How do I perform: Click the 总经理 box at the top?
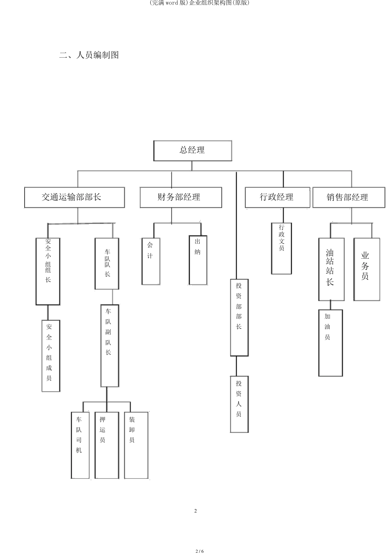(x=193, y=151)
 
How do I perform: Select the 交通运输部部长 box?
(x=74, y=197)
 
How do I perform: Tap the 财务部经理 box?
(x=181, y=197)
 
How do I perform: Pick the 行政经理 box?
(x=277, y=197)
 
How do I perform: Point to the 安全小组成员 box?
(x=51, y=355)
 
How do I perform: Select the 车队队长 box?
(x=107, y=264)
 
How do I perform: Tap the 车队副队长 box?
(x=109, y=345)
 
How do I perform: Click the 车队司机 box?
(x=80, y=445)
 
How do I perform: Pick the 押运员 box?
(x=107, y=445)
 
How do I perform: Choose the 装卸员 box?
(x=136, y=445)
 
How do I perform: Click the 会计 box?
(x=151, y=261)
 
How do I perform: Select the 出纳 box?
(x=198, y=260)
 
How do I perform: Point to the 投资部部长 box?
(x=239, y=317)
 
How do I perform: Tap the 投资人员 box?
(x=239, y=404)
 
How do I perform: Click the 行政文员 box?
(x=282, y=248)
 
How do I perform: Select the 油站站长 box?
(x=331, y=269)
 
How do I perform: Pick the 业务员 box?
(x=367, y=269)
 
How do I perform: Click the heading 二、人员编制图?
(x=89, y=55)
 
